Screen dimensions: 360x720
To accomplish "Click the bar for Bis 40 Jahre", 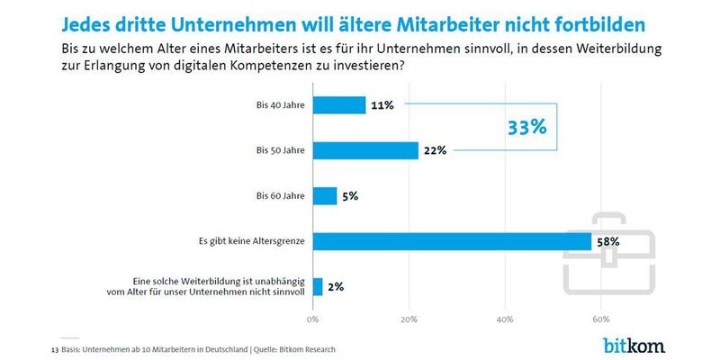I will click(339, 105).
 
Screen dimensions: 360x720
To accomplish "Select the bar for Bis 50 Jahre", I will click(365, 150).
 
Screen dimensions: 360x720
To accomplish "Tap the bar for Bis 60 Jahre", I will click(325, 195).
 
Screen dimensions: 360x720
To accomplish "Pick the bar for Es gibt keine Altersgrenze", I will click(452, 241).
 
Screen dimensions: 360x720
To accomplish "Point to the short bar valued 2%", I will click(318, 287).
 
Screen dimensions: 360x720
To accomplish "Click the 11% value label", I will click(383, 105).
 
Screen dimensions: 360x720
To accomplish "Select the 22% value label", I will click(436, 150).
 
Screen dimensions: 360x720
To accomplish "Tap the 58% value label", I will click(608, 241).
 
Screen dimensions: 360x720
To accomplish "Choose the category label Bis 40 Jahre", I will click(281, 105).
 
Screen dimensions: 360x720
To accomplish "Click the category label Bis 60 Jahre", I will click(281, 195).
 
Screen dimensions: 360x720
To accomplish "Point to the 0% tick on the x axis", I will click(313, 319).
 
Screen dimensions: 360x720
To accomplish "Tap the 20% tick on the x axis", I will click(409, 319).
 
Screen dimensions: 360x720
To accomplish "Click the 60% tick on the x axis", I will click(601, 319).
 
